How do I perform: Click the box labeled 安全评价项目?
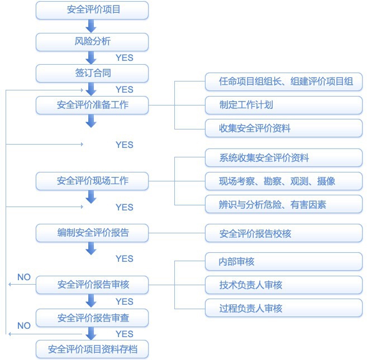(92, 9)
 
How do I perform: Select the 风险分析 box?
(92, 41)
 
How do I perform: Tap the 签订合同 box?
(92, 73)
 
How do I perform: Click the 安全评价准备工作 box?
(92, 104)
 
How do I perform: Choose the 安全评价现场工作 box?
(92, 181)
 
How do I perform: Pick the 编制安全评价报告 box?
(92, 233)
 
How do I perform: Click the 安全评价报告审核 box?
(92, 285)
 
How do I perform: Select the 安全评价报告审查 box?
(92, 318)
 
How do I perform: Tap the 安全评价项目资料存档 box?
(92, 349)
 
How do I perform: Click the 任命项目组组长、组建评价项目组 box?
(283, 81)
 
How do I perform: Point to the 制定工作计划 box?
(283, 105)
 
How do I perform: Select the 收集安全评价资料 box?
(283, 128)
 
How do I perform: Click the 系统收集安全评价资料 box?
(283, 158)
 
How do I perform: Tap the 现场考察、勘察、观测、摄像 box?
(283, 181)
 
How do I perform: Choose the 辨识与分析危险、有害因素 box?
(283, 204)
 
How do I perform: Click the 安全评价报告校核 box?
(283, 233)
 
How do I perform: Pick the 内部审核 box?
(283, 261)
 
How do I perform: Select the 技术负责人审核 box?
(283, 285)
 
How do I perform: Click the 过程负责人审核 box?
(283, 308)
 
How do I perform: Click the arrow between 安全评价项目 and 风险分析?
(91, 26)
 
